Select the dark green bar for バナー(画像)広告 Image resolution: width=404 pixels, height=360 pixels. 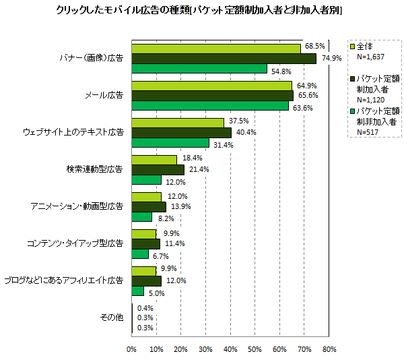pos(224,59)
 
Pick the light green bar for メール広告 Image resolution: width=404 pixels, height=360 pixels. pos(211,86)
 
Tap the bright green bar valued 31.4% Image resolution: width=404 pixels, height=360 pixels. pos(170,143)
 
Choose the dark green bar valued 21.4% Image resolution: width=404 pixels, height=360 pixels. pos(158,169)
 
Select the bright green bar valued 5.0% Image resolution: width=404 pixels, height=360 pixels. pos(137,291)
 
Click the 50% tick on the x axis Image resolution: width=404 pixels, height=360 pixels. pos(255,349)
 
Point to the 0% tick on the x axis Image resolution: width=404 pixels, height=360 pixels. pos(131,349)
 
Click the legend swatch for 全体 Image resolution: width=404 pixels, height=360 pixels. pos(352,47)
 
